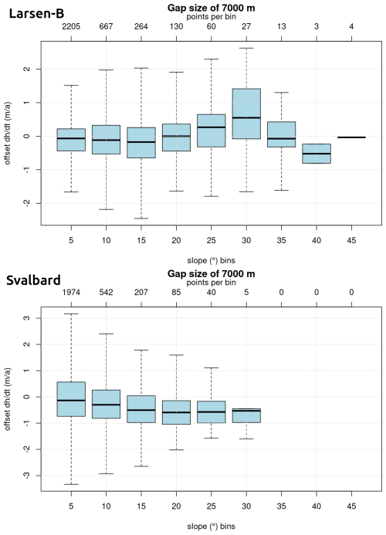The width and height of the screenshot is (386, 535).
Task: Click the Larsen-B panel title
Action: tap(36, 14)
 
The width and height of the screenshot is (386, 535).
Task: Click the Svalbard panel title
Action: tap(33, 280)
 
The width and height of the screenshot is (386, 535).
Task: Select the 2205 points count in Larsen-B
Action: tap(71, 26)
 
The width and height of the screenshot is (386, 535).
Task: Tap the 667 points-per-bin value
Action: tap(106, 26)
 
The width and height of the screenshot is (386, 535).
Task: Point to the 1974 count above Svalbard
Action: tap(71, 292)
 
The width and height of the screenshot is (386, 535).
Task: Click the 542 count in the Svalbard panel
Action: tap(106, 292)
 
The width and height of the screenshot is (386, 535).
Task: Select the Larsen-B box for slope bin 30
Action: tap(246, 113)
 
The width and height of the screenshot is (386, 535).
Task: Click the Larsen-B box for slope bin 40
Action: tap(317, 154)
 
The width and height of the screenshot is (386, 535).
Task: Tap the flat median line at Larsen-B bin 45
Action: tap(351, 137)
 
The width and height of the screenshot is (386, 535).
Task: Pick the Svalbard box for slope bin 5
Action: tap(71, 399)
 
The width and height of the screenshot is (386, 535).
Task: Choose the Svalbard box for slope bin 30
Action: tap(246, 415)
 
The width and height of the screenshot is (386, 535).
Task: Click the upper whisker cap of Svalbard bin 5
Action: tap(71, 313)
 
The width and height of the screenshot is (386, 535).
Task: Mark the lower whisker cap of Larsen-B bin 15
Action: tap(141, 218)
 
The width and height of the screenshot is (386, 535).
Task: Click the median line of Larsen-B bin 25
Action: tap(212, 127)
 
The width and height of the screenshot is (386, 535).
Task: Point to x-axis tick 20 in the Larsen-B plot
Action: tap(176, 240)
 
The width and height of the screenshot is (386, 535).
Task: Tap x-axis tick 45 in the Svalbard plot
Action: tap(351, 506)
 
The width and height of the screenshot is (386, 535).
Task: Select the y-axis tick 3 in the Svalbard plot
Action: tap(28, 318)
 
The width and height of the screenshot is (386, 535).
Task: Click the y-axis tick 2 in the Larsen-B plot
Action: tap(28, 69)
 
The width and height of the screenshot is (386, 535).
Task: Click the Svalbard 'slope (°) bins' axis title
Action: tap(212, 527)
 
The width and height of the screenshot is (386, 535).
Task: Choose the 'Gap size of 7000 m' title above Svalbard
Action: tap(212, 273)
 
